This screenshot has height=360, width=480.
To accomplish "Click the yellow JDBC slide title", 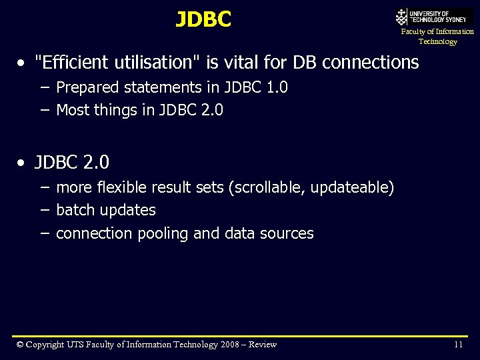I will pyautogui.click(x=203, y=20).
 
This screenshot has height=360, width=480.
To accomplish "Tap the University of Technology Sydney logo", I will pyautogui.click(x=434, y=17).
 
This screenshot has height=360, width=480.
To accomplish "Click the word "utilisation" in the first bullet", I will pyautogui.click(x=147, y=63).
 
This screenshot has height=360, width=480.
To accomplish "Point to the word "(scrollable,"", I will pyautogui.click(x=265, y=188).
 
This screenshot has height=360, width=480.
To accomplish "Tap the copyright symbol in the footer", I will pyautogui.click(x=20, y=345).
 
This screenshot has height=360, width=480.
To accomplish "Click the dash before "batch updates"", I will pyautogui.click(x=45, y=210).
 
